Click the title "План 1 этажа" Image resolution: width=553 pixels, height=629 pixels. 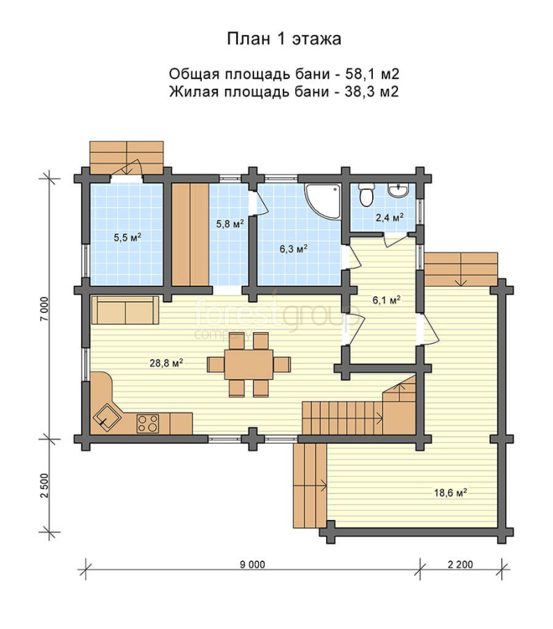pyautogui.click(x=284, y=39)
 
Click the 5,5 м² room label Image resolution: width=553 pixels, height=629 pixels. pyautogui.click(x=128, y=237)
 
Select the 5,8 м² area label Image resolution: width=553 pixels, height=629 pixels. pyautogui.click(x=230, y=224)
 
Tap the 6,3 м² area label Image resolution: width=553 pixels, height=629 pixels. pyautogui.click(x=294, y=249)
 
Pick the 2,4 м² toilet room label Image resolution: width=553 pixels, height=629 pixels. pyautogui.click(x=389, y=217)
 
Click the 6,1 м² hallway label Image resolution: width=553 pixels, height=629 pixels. pyautogui.click(x=387, y=300)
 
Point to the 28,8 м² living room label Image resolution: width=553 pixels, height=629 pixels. pyautogui.click(x=166, y=363)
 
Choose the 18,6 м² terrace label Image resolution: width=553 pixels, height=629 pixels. pyautogui.click(x=450, y=492)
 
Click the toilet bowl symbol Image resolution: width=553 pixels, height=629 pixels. pyautogui.click(x=365, y=194)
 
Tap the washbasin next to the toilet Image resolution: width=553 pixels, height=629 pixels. pyautogui.click(x=399, y=189)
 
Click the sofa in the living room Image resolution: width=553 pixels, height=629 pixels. pyautogui.click(x=126, y=310)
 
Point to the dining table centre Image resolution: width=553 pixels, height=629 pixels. pyautogui.click(x=249, y=364)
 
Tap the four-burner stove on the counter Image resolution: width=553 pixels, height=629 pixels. pyautogui.click(x=148, y=424)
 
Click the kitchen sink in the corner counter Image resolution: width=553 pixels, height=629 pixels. pyautogui.click(x=107, y=417)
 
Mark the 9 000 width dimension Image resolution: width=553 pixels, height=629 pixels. pyautogui.click(x=253, y=565)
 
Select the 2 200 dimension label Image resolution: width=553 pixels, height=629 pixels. pyautogui.click(x=460, y=565)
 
